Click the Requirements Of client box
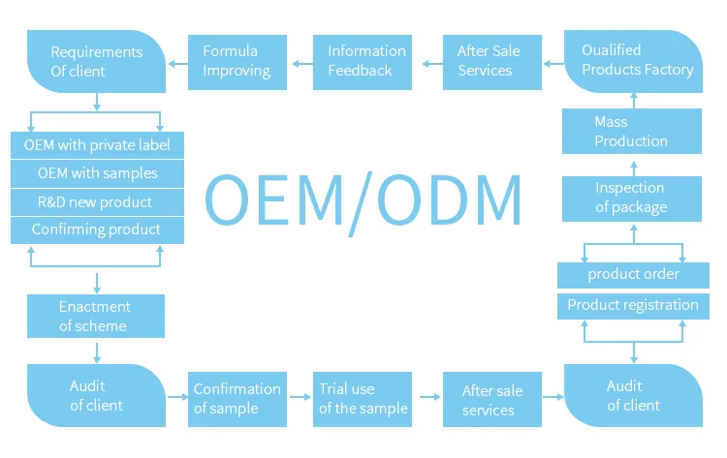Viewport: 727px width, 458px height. click(96, 61)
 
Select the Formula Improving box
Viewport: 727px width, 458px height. click(237, 62)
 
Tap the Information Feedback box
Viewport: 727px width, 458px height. click(363, 62)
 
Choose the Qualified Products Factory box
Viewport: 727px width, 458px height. click(633, 61)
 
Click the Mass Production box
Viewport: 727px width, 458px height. click(632, 131)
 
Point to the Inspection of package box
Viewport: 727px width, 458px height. click(632, 198)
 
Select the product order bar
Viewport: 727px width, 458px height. click(633, 275)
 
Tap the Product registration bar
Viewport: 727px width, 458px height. click(633, 306)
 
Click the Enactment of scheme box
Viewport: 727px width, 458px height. click(96, 316)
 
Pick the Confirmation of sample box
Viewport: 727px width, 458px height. click(237, 399)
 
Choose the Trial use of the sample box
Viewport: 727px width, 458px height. click(363, 399)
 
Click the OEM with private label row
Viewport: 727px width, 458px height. click(97, 145)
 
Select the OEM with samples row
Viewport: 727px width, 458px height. click(97, 173)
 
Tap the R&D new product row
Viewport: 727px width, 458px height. click(97, 202)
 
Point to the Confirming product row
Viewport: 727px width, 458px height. click(97, 230)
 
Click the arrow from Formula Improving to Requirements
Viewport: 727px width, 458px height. click(177, 64)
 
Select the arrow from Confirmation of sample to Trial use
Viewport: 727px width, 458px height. click(300, 397)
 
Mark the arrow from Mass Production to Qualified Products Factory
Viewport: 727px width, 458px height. click(634, 101)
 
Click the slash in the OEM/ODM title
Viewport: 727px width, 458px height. click(361, 204)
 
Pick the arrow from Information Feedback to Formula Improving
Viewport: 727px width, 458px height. click(302, 64)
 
